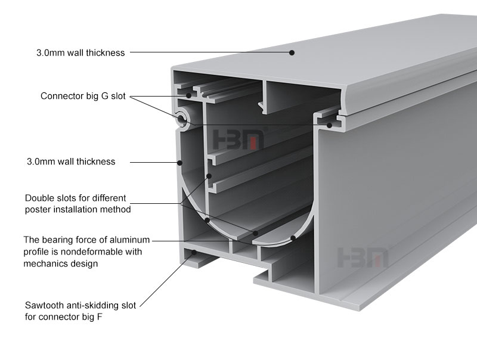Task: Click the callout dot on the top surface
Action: (292, 52)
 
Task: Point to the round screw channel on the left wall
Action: (182, 118)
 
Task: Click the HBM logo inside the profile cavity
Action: (238, 139)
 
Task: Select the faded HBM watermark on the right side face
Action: (363, 257)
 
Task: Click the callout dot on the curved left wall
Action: (180, 163)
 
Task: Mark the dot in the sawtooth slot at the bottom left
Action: (194, 252)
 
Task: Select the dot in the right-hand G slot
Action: (329, 125)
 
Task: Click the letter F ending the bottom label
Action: (100, 317)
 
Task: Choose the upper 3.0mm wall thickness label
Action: (80, 53)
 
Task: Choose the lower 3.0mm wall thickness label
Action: (71, 162)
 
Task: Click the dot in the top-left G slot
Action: (188, 95)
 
